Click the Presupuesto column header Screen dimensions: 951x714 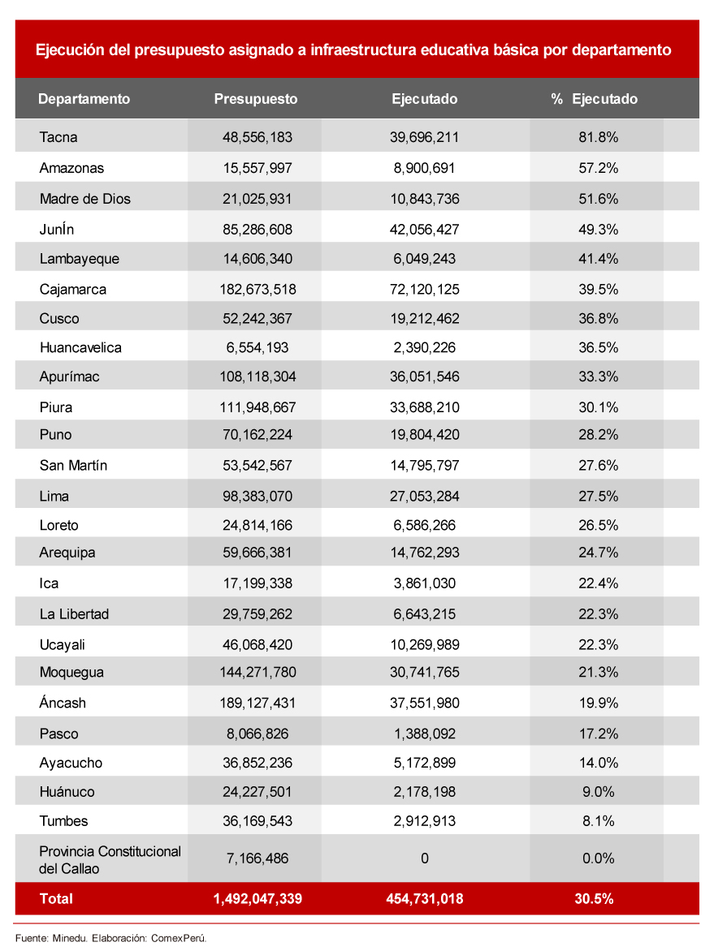click(x=256, y=99)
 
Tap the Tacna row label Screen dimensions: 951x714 click(x=58, y=137)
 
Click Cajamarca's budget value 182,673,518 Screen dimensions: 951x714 click(x=257, y=289)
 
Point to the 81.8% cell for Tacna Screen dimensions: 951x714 click(x=598, y=137)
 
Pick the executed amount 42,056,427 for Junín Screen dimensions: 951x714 click(x=424, y=230)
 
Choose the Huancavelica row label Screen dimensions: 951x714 click(x=80, y=347)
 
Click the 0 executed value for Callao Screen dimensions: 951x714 click(x=424, y=858)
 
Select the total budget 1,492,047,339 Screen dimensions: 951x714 click(x=257, y=898)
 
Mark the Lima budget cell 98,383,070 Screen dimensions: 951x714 click(x=257, y=496)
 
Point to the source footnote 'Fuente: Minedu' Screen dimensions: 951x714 click(x=46, y=937)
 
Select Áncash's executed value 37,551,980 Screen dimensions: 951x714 click(x=424, y=703)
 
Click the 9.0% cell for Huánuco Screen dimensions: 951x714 click(x=598, y=791)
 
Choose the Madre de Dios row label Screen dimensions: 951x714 click(x=84, y=199)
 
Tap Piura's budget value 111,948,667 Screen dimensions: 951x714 click(x=257, y=407)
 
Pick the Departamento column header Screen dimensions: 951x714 click(x=84, y=99)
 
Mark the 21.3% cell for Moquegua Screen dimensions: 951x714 click(x=598, y=672)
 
